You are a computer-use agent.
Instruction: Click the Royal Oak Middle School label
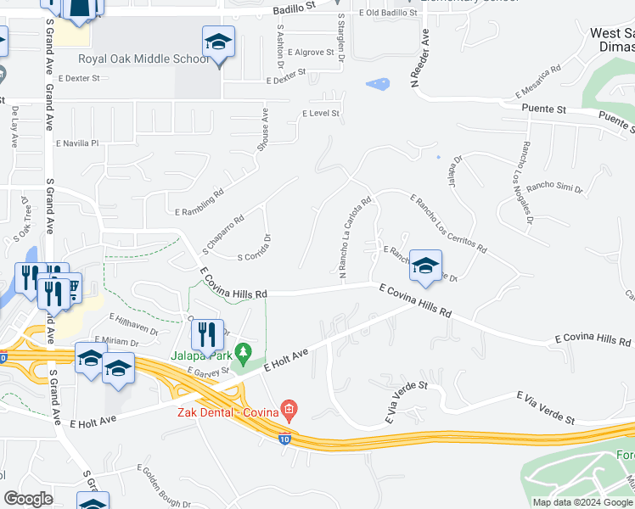coord(143,59)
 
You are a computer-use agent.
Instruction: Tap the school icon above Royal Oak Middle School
coord(218,42)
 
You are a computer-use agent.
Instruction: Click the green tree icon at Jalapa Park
coord(244,350)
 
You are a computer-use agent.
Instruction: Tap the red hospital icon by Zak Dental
coord(289,411)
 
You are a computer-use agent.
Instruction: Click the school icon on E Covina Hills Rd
coord(425,266)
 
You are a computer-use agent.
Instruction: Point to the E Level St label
coord(321,113)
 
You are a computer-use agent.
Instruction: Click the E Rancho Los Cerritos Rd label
coord(447,224)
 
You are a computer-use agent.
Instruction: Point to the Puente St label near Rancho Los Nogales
coord(543,109)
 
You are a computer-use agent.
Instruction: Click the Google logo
coord(28,500)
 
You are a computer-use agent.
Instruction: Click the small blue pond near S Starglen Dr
coord(378,84)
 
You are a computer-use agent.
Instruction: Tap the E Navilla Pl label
coord(77,143)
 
